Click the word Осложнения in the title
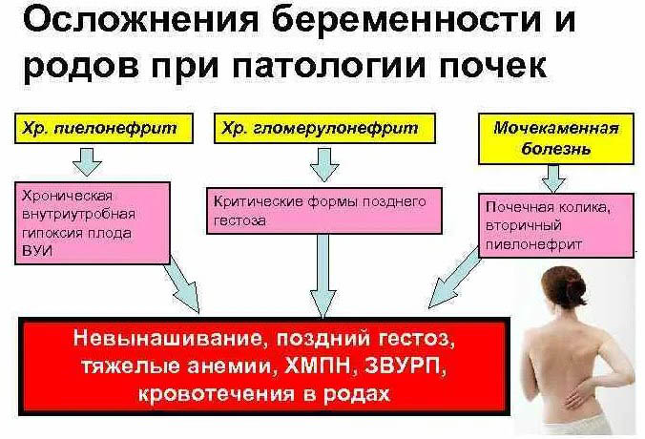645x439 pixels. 128,21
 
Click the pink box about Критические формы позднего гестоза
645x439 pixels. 324,210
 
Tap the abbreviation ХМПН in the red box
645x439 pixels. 318,367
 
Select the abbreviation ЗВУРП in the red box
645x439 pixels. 398,367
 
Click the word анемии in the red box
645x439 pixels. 230,367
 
